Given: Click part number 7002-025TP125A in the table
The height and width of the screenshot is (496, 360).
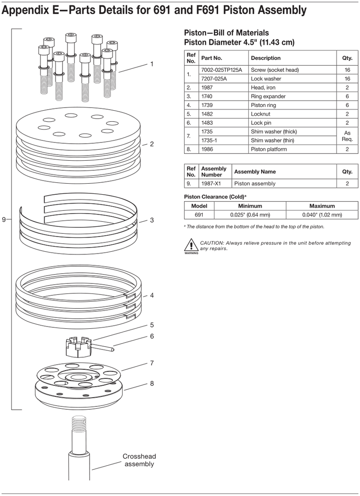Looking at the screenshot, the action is (221, 70).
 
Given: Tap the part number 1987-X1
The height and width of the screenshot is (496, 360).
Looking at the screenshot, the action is (211, 183).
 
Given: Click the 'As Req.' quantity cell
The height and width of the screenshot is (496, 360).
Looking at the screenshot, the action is (347, 136).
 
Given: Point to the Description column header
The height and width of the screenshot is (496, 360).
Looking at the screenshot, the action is (266, 58).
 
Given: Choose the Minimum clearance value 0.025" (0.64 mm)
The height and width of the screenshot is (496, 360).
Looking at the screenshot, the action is (250, 215).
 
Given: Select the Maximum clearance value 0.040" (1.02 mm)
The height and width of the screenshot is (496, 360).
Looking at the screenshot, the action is (322, 215).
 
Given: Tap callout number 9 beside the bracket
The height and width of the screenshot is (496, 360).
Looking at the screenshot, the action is (4, 219).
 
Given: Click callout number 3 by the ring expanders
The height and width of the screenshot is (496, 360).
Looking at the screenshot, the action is (152, 220).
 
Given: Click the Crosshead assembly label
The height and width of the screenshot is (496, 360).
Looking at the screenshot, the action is (139, 460).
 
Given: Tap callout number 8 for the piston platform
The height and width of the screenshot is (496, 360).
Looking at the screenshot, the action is (152, 383).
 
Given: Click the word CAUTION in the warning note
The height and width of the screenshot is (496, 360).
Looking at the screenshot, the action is (211, 243).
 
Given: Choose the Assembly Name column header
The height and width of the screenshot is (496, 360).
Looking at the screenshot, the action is (255, 172).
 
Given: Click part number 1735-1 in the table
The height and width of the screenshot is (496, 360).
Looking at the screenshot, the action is (209, 141).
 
